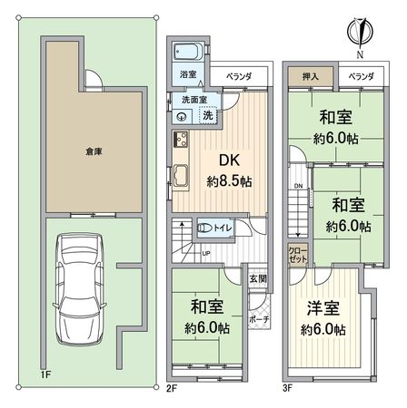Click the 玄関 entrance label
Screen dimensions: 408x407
point(256,280)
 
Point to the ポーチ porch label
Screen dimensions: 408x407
point(257,319)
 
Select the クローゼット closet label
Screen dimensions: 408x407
point(297,253)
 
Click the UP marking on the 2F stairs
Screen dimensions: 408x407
point(206,252)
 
